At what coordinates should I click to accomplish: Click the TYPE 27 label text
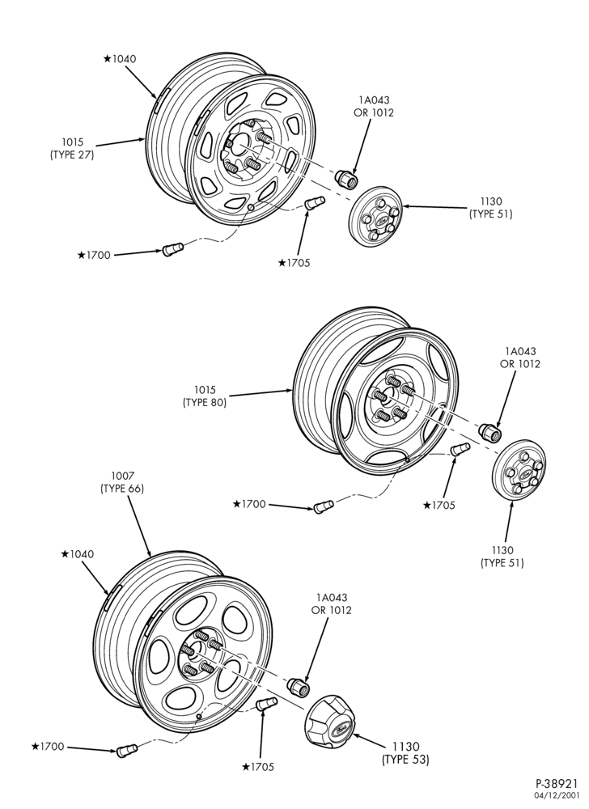pyautogui.click(x=72, y=155)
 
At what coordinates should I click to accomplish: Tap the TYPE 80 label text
pyautogui.click(x=204, y=402)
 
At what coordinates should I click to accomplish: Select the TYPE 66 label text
pyautogui.click(x=121, y=488)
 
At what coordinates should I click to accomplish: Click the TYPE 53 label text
pyautogui.click(x=405, y=760)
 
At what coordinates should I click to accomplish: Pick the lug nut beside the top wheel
pyautogui.click(x=345, y=179)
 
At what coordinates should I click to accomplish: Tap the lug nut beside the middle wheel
pyautogui.click(x=490, y=431)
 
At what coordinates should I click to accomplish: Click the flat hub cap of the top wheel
pyautogui.click(x=375, y=216)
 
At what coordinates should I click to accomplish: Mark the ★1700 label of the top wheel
pyautogui.click(x=94, y=255)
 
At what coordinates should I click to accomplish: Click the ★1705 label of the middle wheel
pyautogui.click(x=439, y=506)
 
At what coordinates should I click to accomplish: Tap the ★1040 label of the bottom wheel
pyautogui.click(x=78, y=554)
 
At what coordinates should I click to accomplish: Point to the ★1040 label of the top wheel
pyautogui.click(x=120, y=59)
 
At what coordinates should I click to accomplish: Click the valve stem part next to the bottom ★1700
pyautogui.click(x=127, y=750)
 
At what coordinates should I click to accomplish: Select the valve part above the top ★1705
pyautogui.click(x=313, y=202)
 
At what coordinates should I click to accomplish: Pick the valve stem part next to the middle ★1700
pyautogui.click(x=324, y=506)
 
